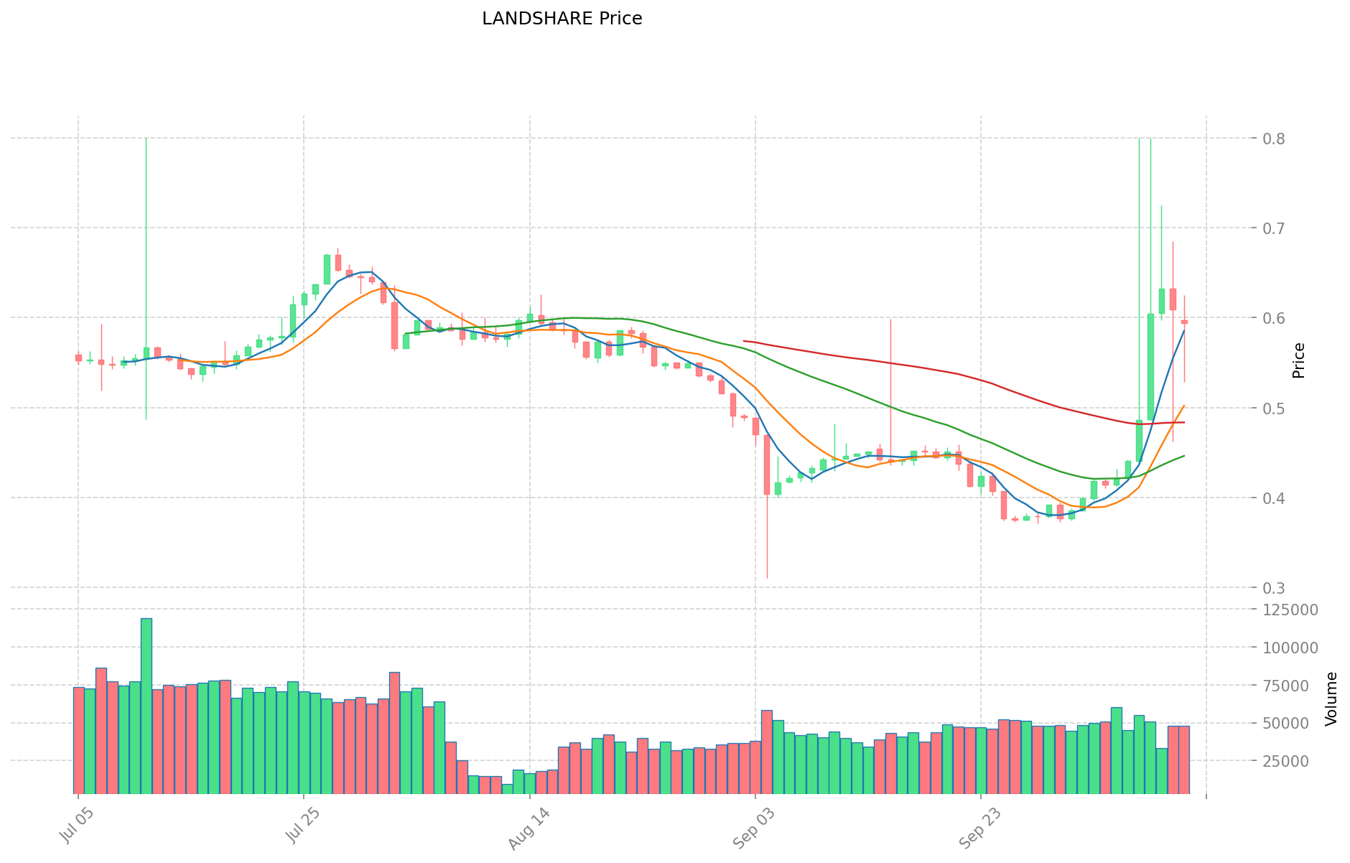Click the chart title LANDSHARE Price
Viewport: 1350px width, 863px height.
pyautogui.click(x=562, y=19)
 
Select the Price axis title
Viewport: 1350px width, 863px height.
pyautogui.click(x=1298, y=360)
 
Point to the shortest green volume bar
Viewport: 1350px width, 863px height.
pyautogui.click(x=508, y=788)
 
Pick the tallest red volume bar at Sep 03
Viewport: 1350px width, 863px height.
pyautogui.click(x=767, y=751)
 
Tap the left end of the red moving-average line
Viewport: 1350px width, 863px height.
pyautogui.click(x=745, y=341)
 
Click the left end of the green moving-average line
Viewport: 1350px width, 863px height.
pyautogui.click(x=406, y=334)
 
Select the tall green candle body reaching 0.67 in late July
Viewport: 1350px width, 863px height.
pyautogui.click(x=327, y=269)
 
